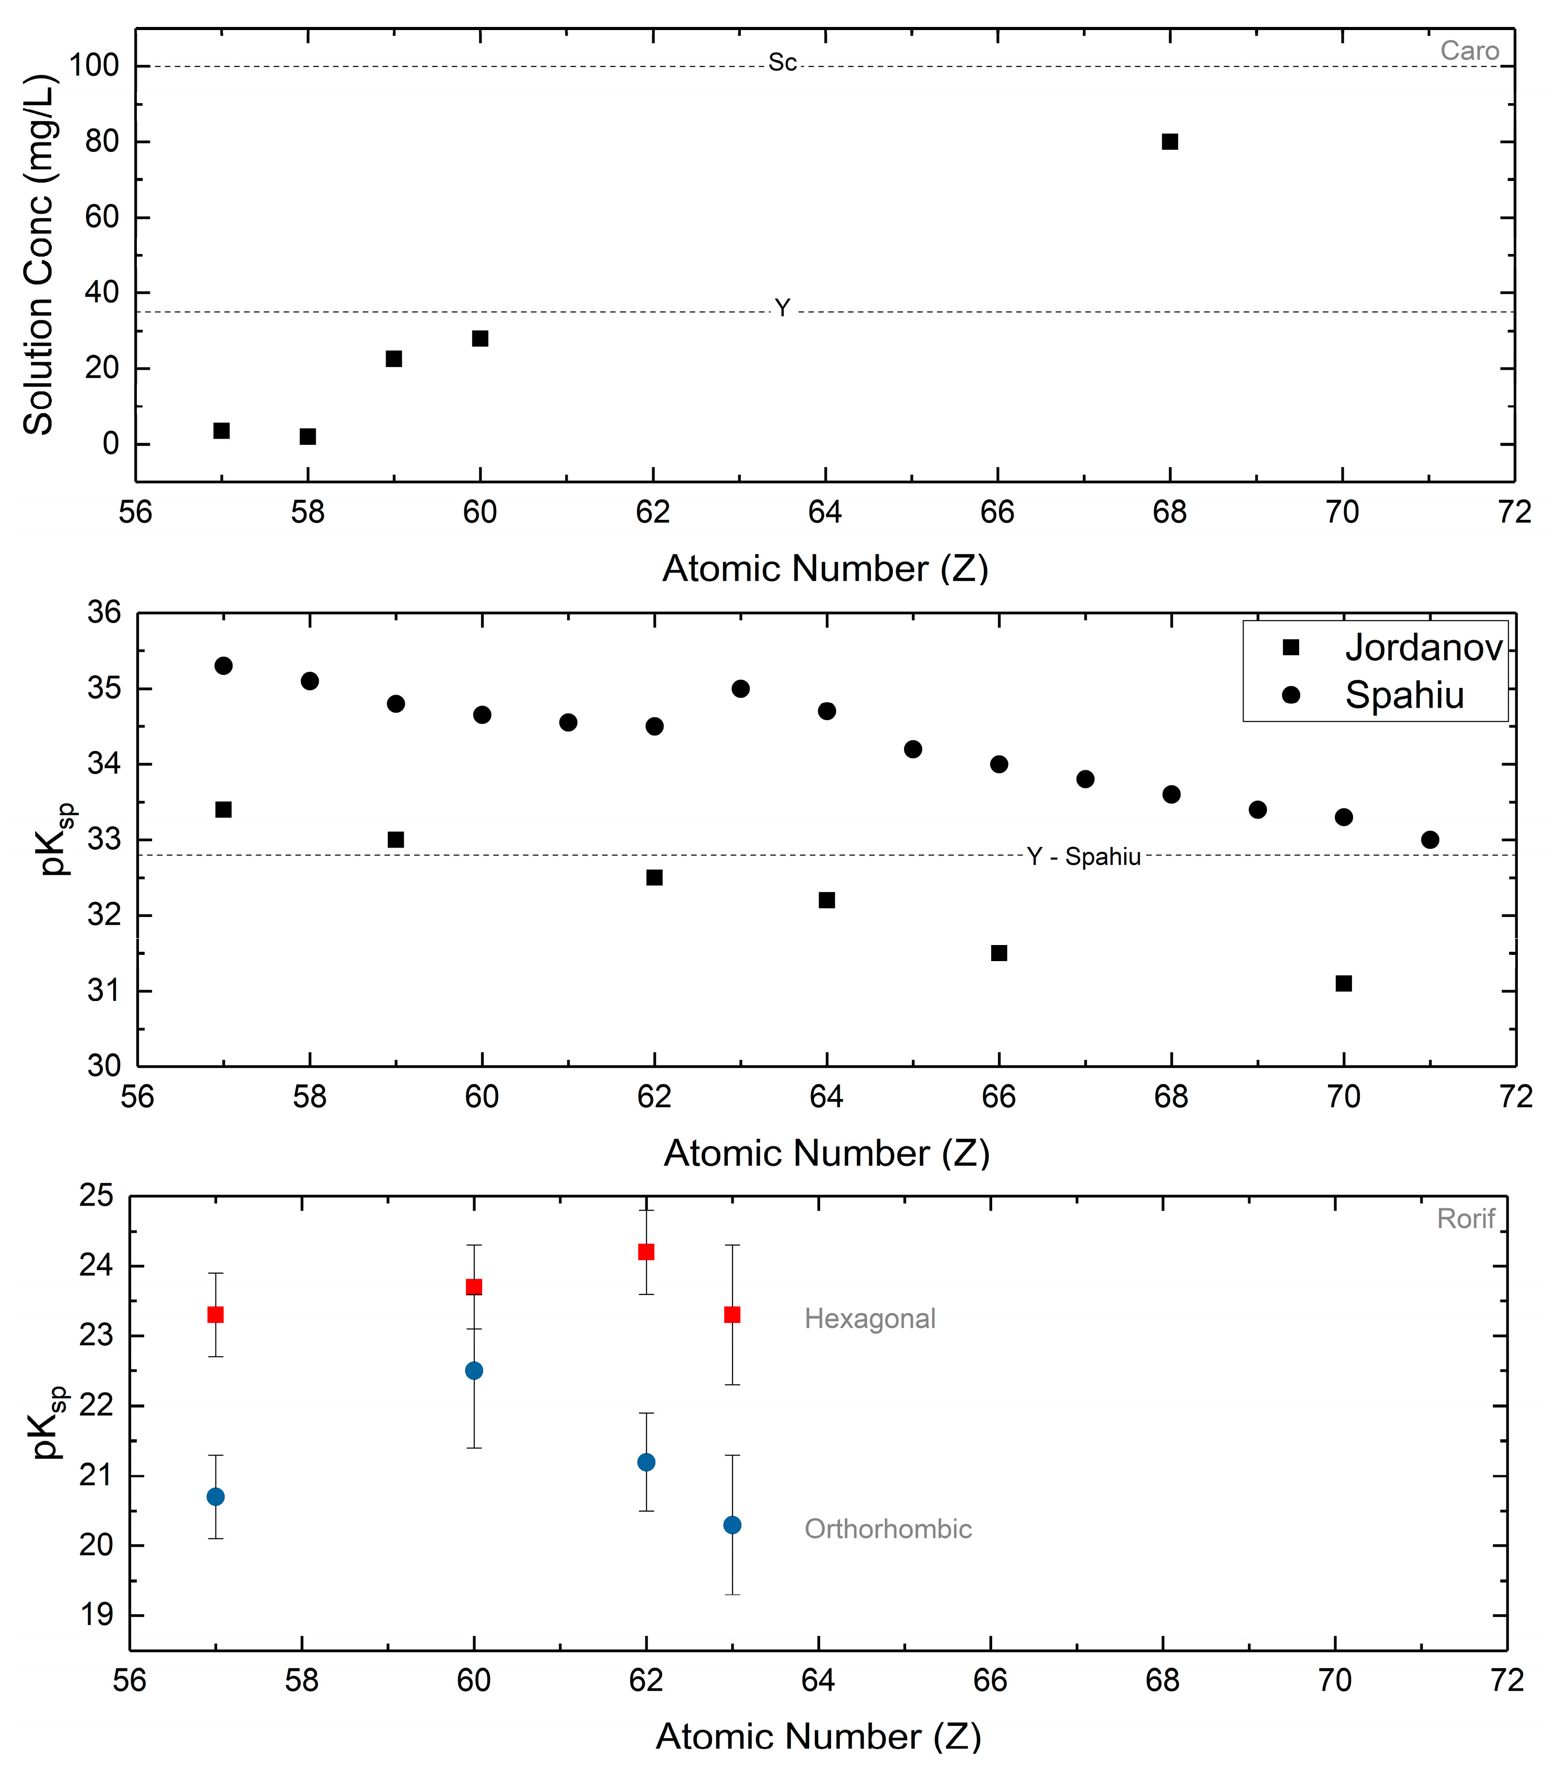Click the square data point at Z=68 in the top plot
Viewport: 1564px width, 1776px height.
1170,142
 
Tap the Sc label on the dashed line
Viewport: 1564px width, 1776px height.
782,63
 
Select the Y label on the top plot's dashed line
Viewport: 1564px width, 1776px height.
782,308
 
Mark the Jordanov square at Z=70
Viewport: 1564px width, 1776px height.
1343,983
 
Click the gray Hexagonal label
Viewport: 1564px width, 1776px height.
870,1319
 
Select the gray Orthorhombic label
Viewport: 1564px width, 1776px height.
888,1529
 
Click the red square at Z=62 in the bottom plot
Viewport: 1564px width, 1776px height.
645,1252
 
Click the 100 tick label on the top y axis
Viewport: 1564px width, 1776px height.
94,65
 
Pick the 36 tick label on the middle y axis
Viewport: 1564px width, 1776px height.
104,613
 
